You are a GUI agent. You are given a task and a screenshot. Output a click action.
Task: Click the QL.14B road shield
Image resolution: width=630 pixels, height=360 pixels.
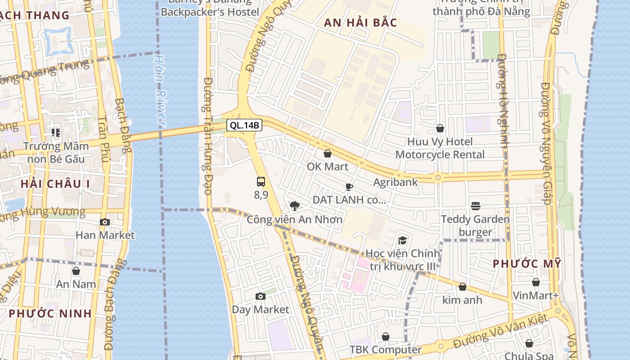[x=244, y=125]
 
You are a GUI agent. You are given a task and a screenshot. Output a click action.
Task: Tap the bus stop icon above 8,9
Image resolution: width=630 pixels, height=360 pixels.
[x=261, y=182]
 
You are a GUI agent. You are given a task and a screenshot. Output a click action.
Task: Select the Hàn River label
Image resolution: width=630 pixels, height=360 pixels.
[x=160, y=90]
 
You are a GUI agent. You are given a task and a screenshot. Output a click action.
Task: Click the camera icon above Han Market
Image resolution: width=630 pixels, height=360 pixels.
[x=105, y=222]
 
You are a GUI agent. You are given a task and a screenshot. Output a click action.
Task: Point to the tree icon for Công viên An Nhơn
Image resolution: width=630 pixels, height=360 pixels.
[x=295, y=206]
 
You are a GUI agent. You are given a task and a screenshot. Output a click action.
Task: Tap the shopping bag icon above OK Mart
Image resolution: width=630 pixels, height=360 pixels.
[x=328, y=153]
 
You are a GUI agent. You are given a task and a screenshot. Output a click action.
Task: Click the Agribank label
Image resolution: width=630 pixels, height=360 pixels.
[x=396, y=182]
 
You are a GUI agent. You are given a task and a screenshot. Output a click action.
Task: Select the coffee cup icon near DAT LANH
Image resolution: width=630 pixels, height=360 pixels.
[x=349, y=187]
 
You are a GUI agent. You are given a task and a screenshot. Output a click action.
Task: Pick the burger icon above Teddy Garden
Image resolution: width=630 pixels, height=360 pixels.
[x=476, y=206]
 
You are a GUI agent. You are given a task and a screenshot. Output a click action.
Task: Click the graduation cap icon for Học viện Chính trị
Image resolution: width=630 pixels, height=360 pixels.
[x=402, y=240]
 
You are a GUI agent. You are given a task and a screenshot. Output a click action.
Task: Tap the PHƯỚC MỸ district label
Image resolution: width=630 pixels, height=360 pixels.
[x=527, y=264]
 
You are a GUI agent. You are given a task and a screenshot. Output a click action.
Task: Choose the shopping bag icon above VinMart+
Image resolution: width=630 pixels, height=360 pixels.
[x=535, y=282]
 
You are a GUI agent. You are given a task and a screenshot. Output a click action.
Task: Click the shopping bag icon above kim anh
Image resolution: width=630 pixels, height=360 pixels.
[x=462, y=287]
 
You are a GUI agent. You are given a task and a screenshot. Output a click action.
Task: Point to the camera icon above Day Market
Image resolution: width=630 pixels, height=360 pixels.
[x=260, y=296]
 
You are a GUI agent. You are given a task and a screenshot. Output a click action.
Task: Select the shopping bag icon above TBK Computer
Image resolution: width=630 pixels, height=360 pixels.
[x=386, y=337]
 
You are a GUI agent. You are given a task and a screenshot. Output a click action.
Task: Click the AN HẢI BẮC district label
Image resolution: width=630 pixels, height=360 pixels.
[x=360, y=22]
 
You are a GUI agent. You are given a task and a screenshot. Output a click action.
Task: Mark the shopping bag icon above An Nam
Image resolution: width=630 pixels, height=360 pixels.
[x=76, y=271]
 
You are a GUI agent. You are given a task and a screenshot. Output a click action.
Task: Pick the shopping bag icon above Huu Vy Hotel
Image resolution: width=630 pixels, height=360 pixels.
[x=440, y=129]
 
